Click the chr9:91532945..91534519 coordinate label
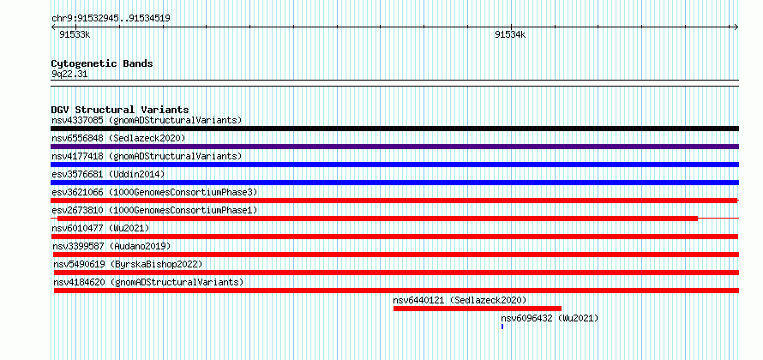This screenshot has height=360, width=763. (x=111, y=19)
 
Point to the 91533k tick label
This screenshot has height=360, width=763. (x=75, y=34)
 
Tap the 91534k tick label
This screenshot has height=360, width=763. (x=510, y=34)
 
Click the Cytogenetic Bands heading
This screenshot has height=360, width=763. (x=102, y=63)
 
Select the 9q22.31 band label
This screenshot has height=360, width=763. (x=69, y=75)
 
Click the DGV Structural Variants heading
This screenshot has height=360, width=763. (x=120, y=110)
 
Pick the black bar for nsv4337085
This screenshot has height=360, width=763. (x=394, y=129)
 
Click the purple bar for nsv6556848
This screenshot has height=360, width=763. (x=394, y=147)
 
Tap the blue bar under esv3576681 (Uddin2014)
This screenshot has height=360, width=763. (x=394, y=183)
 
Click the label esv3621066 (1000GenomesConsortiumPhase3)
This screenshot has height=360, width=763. (x=154, y=192)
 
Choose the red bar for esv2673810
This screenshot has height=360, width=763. (x=377, y=219)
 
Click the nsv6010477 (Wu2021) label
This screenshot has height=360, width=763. (x=100, y=228)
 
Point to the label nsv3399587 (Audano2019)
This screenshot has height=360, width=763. (x=112, y=246)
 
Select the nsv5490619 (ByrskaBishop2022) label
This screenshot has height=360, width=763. (x=128, y=264)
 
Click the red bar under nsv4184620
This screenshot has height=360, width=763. (x=396, y=291)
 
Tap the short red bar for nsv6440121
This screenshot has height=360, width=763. (x=478, y=309)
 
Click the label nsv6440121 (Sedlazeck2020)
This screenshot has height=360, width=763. (x=460, y=300)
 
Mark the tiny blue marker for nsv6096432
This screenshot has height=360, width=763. (x=502, y=327)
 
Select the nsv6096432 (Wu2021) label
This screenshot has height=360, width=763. (x=550, y=318)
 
